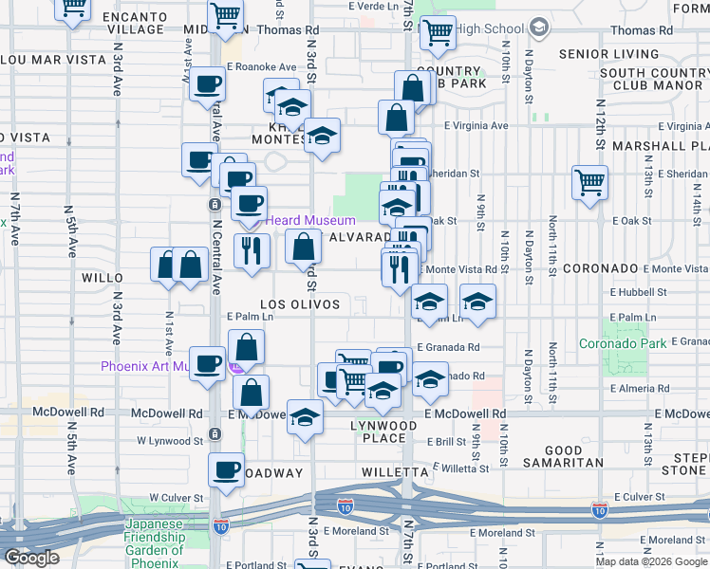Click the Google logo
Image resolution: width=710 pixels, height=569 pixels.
click(31, 558)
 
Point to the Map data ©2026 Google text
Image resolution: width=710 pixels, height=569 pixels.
click(651, 561)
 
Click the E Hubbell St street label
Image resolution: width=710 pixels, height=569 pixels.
click(641, 293)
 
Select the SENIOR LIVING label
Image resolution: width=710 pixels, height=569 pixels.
click(608, 54)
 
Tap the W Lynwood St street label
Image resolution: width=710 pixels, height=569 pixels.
click(170, 440)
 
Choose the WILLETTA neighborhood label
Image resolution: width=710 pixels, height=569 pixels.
click(396, 471)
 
